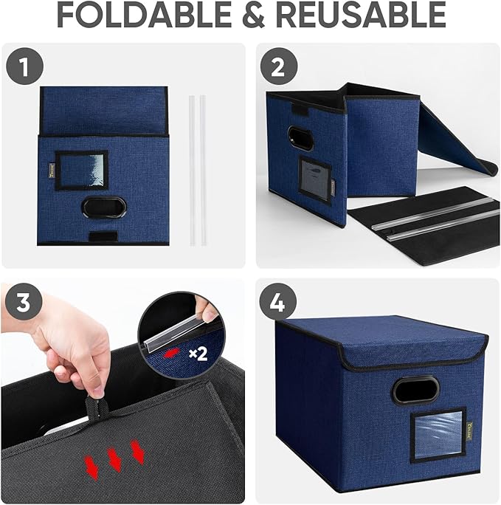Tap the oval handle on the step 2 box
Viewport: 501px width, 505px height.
pyautogui.click(x=300, y=138)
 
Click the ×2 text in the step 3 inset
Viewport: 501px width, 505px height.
pyautogui.click(x=198, y=353)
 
